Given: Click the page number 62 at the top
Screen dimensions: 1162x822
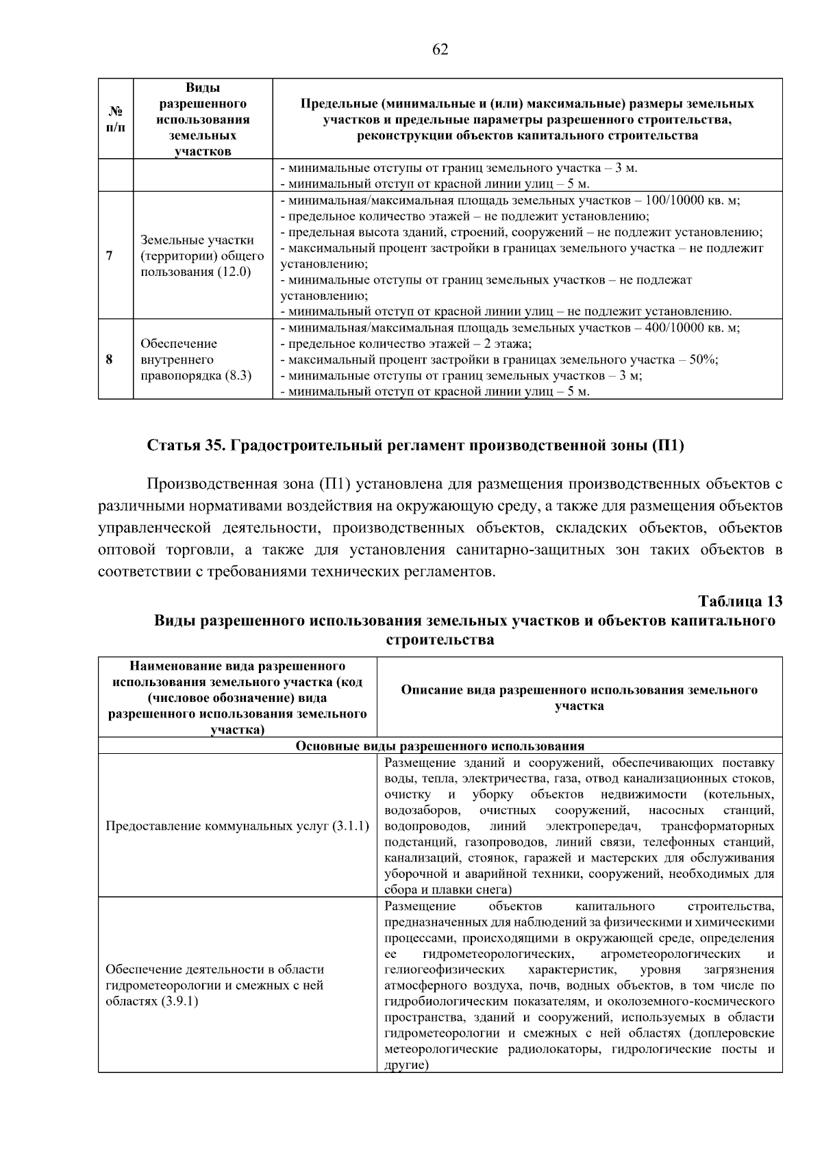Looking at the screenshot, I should [440, 49].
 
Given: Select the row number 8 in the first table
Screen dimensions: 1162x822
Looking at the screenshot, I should [110, 359].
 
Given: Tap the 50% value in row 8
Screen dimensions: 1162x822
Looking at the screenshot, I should [702, 359].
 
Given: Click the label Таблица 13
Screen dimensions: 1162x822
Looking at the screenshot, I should [739, 601].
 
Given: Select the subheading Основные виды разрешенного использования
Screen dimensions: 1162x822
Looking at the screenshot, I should [440, 746].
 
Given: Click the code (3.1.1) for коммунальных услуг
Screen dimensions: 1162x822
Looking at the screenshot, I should [351, 826].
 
